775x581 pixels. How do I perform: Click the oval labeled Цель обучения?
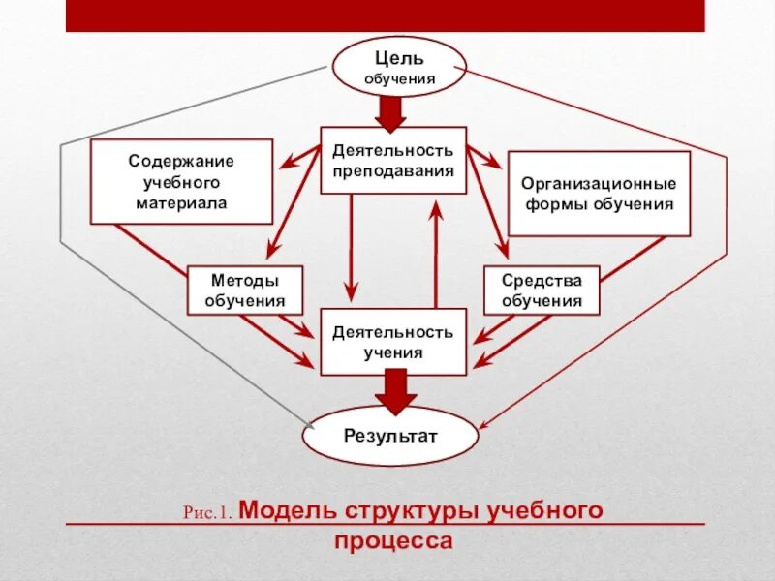coord(399,67)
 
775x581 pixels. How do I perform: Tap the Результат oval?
coord(390,436)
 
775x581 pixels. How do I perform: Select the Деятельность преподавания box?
coord(392,160)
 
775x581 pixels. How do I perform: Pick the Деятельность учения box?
coord(392,342)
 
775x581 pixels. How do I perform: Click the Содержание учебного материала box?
coord(181,182)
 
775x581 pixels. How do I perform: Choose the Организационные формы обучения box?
coord(599,194)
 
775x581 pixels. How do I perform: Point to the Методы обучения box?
coord(245,290)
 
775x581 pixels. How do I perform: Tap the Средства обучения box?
coord(542,290)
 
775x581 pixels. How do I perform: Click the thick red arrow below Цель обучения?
coord(391,114)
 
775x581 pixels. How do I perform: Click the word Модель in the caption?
coord(288,509)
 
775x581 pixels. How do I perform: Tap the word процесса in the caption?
coord(393,540)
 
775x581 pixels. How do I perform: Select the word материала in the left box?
coord(181,204)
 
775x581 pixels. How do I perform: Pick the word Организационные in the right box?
coord(599,183)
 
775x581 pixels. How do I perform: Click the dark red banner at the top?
coord(386,15)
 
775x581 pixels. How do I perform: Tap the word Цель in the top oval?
coord(399,58)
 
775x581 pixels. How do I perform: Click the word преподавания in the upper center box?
coord(392,170)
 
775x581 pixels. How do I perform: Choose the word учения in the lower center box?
coord(392,352)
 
